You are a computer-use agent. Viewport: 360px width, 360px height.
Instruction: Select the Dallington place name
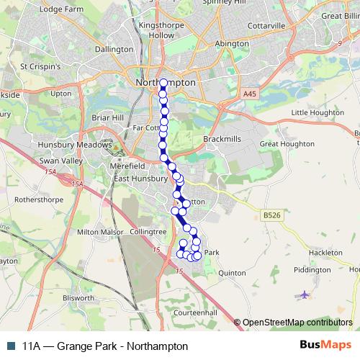[114, 49]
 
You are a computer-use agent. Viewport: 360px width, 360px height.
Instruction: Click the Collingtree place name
[148, 232]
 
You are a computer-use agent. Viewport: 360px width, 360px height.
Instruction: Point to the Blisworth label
[78, 297]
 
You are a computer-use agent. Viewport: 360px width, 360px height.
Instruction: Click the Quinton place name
[232, 274]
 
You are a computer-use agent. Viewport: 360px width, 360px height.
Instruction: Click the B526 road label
[271, 215]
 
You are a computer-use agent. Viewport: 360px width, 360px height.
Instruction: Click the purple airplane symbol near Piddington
[304, 294]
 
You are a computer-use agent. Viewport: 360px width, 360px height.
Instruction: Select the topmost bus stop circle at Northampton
[163, 83]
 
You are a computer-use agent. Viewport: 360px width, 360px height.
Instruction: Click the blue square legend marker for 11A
[11, 346]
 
